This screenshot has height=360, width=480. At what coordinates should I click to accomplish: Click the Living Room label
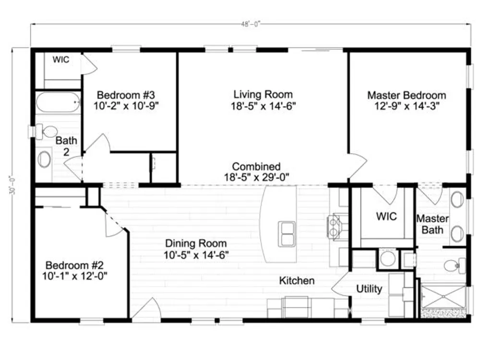[263, 94]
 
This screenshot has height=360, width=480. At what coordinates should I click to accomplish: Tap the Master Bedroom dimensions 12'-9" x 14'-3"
[407, 106]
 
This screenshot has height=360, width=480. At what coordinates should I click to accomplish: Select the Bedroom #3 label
[126, 95]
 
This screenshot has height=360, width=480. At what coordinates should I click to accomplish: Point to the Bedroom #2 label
[74, 265]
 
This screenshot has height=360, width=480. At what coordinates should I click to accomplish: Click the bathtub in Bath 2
[58, 102]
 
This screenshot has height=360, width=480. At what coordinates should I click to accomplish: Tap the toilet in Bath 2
[47, 132]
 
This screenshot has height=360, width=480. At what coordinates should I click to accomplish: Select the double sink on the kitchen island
[287, 234]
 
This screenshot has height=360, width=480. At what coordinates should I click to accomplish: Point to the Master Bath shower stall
[444, 296]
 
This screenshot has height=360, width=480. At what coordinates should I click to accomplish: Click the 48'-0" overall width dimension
[251, 24]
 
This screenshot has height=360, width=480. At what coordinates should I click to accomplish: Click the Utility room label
[369, 288]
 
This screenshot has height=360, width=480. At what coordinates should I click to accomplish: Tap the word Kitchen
[297, 280]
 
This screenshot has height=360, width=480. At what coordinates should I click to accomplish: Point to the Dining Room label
[196, 243]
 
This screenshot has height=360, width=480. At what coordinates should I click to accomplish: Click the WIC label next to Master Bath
[386, 216]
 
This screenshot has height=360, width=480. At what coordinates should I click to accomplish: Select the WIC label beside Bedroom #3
[61, 60]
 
